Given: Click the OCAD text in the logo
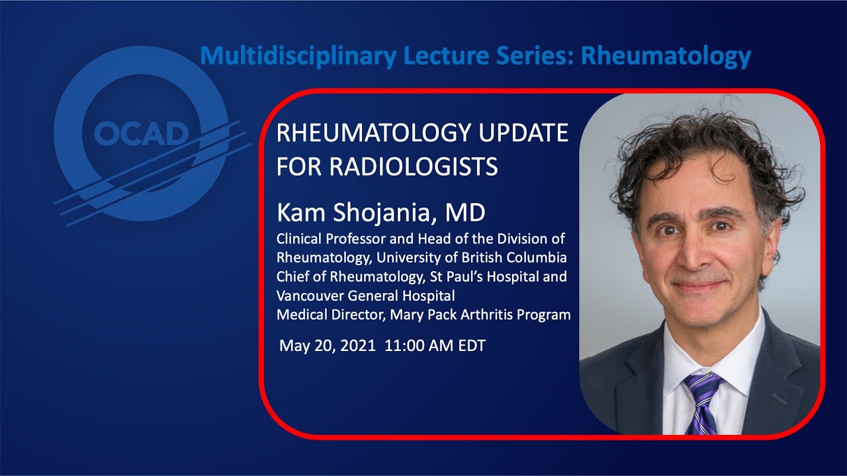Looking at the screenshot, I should pos(141,134).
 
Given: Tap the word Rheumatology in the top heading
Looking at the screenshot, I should pos(666,56).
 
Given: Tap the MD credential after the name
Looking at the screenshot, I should pos(465,213).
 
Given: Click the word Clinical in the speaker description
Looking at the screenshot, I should pos(298,238).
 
